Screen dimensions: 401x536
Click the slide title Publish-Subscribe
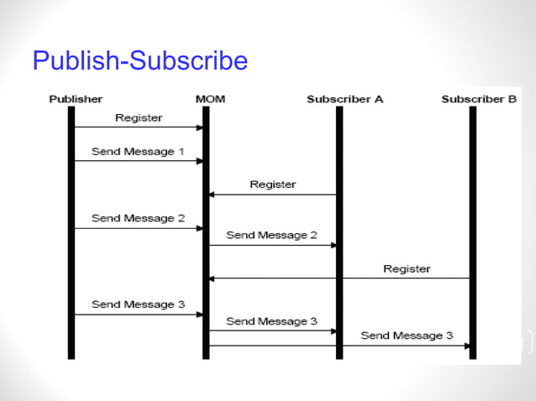139,61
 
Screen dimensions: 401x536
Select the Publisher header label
76,99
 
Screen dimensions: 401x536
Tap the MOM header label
209,99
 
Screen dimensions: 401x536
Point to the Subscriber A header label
344,99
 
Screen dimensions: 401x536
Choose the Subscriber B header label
479,99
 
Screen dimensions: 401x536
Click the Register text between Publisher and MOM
139,118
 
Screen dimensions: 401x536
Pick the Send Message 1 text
138,152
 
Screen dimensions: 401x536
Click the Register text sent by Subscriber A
272,184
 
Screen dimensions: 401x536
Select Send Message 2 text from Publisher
138,218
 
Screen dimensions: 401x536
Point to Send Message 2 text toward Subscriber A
271,236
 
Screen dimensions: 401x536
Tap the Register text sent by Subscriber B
407,269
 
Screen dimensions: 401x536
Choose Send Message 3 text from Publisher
138,305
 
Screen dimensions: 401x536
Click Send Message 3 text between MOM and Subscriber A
271,321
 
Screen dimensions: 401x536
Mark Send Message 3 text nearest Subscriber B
407,336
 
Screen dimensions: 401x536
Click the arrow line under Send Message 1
138,161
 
